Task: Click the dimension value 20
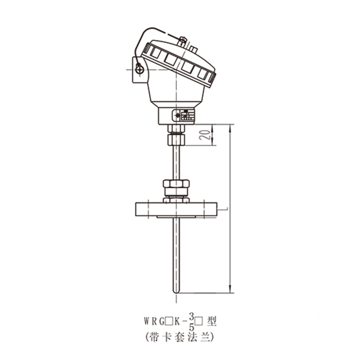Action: pos(205,135)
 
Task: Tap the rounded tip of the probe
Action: pos(176,292)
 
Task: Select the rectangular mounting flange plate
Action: pos(176,209)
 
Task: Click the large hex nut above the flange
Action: pos(176,184)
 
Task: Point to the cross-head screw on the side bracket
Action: pos(139,69)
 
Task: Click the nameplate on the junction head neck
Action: pos(184,115)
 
